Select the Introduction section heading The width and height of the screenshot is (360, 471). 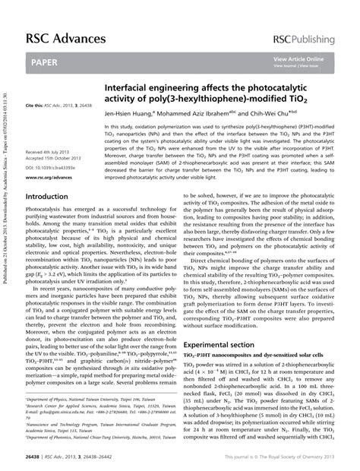pyautogui.click(x=47, y=196)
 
